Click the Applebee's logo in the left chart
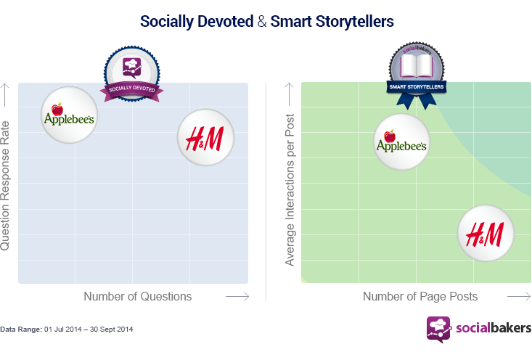pos(69,115)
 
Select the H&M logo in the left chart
pos(205,137)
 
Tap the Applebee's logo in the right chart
pos(401,142)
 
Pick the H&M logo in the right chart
pos(486,233)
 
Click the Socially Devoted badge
pos(131,74)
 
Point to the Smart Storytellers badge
pos(417,75)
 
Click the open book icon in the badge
pos(417,66)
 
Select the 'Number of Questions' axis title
pos(138,296)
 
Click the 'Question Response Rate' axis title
pos(5,186)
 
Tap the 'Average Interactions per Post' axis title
pos(290,190)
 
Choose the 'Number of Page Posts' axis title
pos(420,296)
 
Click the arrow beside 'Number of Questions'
pos(237,297)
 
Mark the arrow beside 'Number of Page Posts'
pos(519,297)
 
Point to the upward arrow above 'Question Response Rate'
pos(5,95)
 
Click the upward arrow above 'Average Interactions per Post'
pos(289,94)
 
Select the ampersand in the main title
pos(262,21)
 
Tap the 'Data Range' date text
pos(67,329)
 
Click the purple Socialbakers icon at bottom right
pos(439,329)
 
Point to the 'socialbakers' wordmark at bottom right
pos(494,328)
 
